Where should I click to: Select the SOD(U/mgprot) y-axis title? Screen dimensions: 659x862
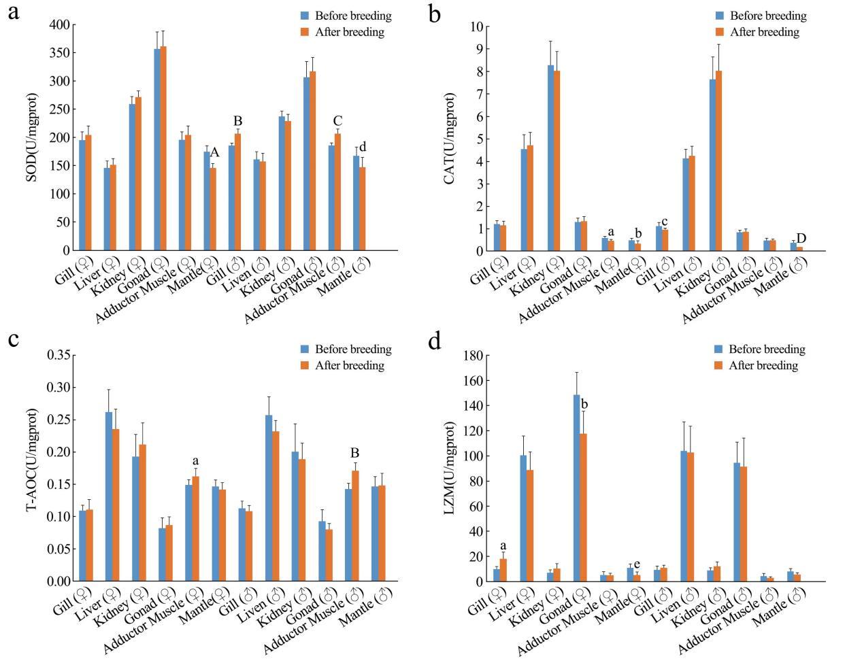point(32,137)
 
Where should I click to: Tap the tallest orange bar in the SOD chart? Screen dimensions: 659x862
point(163,148)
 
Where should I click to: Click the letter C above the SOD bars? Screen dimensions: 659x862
point(337,122)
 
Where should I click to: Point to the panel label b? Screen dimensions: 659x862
point(435,14)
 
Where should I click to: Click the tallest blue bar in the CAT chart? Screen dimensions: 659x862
point(550,158)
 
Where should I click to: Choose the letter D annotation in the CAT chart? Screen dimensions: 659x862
point(801,238)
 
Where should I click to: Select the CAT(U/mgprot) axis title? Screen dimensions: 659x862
point(450,138)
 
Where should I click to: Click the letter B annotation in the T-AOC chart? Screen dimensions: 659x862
point(354,454)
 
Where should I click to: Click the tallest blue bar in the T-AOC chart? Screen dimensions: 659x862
point(108,496)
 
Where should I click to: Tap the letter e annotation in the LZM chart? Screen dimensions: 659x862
point(637,564)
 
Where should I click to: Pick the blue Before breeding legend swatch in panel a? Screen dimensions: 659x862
point(305,16)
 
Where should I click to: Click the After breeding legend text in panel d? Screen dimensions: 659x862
point(763,366)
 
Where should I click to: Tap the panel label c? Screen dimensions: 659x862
point(13,339)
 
